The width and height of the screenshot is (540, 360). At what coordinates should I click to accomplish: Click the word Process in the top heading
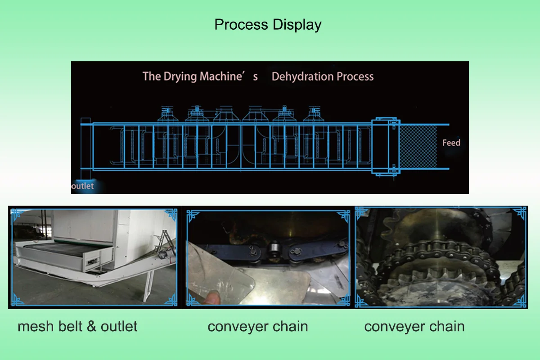pyautogui.click(x=241, y=25)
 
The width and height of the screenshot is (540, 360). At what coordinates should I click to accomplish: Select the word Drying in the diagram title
pyautogui.click(x=180, y=76)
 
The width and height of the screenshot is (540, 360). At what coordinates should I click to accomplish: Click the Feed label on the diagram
pyautogui.click(x=451, y=143)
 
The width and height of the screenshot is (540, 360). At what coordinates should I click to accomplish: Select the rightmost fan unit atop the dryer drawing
pyautogui.click(x=315, y=115)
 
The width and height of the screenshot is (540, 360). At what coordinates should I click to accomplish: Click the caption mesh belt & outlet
pyautogui.click(x=77, y=326)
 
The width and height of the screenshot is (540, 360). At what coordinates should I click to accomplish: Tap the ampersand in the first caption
pyautogui.click(x=91, y=326)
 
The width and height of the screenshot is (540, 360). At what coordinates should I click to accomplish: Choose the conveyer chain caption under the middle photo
pyautogui.click(x=258, y=326)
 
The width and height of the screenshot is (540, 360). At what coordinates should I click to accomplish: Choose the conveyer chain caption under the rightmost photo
pyautogui.click(x=414, y=326)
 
